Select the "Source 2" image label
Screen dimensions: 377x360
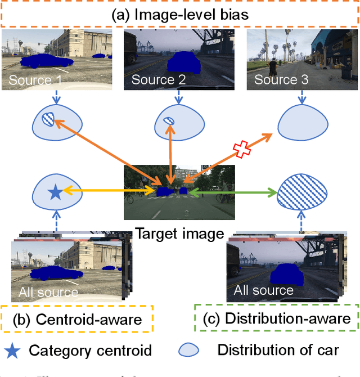pyautogui.click(x=159, y=80)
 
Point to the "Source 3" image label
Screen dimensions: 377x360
pyautogui.click(x=281, y=79)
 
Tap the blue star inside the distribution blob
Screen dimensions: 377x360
pyautogui.click(x=55, y=194)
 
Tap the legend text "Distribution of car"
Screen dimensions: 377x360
pyautogui.click(x=278, y=351)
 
